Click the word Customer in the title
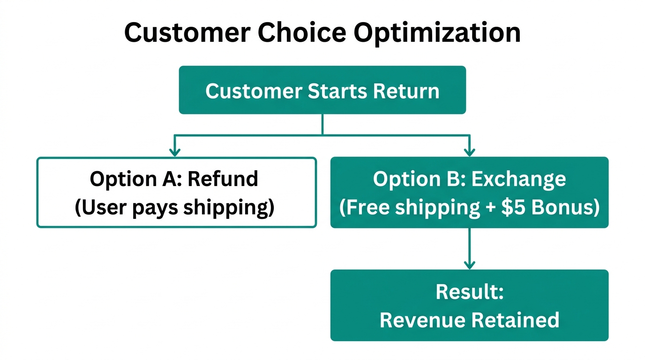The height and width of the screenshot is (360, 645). pyautogui.click(x=188, y=33)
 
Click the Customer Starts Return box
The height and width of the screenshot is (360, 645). pyautogui.click(x=322, y=90)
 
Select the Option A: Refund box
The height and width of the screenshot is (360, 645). pyautogui.click(x=176, y=192)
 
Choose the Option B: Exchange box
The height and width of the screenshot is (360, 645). pyautogui.click(x=469, y=192)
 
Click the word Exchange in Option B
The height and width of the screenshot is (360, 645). pyautogui.click(x=518, y=179)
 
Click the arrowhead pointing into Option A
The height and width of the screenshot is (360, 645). pyautogui.click(x=174, y=152)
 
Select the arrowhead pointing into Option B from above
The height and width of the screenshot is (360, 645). pyautogui.click(x=469, y=152)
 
